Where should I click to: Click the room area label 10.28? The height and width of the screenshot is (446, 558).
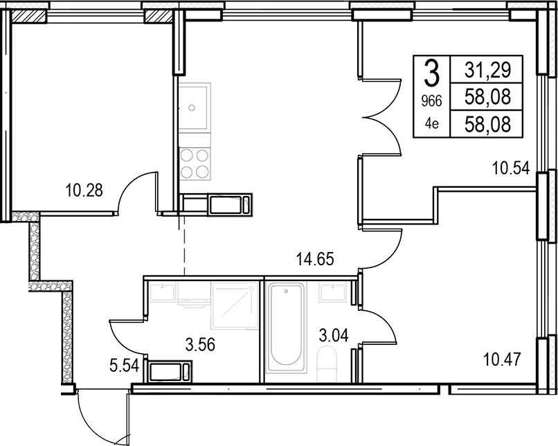point(84,190)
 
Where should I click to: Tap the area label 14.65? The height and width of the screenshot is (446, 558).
point(315,259)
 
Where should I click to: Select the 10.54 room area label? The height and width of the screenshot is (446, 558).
point(511,168)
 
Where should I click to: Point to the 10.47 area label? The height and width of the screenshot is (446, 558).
point(502,359)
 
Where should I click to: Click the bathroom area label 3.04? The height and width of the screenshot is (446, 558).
point(334,335)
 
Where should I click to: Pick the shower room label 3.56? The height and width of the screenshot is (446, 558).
point(200,345)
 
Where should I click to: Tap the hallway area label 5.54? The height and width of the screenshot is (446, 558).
point(124,366)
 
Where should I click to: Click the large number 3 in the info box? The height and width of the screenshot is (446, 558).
point(432,73)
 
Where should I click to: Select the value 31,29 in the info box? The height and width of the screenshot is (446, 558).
point(487,70)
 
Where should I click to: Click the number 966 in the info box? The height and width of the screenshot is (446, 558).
point(431,102)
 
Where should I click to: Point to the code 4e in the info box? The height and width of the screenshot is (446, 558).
point(432,123)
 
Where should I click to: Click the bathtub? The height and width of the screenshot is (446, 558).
point(287,328)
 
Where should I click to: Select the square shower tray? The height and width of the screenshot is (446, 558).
point(235,305)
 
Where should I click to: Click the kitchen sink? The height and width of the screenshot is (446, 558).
point(195,107)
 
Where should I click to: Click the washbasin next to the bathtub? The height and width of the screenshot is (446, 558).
point(332,292)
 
